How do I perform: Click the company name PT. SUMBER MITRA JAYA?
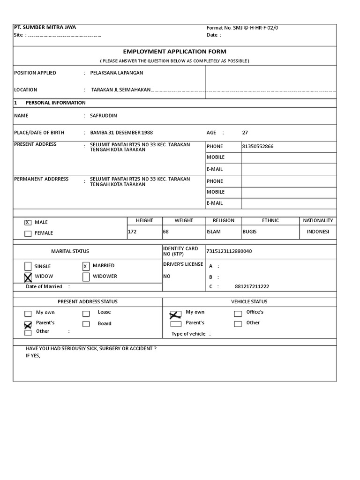pyautogui.click(x=45, y=27)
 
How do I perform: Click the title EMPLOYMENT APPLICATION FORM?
pyautogui.click(x=174, y=52)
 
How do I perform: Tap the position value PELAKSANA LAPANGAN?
pyautogui.click(x=117, y=73)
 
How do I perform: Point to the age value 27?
pyautogui.click(x=245, y=133)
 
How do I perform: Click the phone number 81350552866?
pyautogui.click(x=258, y=146)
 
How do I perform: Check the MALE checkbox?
pyautogui.click(x=28, y=223)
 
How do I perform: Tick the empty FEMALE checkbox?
pyautogui.click(x=28, y=233)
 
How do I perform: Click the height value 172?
pyautogui.click(x=132, y=232)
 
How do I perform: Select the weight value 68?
pyautogui.click(x=166, y=232)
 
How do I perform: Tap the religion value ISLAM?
pyautogui.click(x=214, y=232)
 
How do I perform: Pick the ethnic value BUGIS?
pyautogui.click(x=250, y=232)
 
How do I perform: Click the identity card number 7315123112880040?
pyautogui.click(x=229, y=251)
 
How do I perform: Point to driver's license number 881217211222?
pyautogui.click(x=252, y=286)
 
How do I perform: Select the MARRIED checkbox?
pyautogui.click(x=86, y=266)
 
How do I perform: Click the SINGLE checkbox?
pyautogui.click(x=28, y=266)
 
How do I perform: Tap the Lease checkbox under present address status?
pyautogui.click(x=86, y=314)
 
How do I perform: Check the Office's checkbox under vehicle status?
pyautogui.click(x=238, y=314)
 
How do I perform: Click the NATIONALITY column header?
pyautogui.click(x=318, y=220)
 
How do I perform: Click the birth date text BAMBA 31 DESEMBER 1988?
pyautogui.click(x=121, y=133)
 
